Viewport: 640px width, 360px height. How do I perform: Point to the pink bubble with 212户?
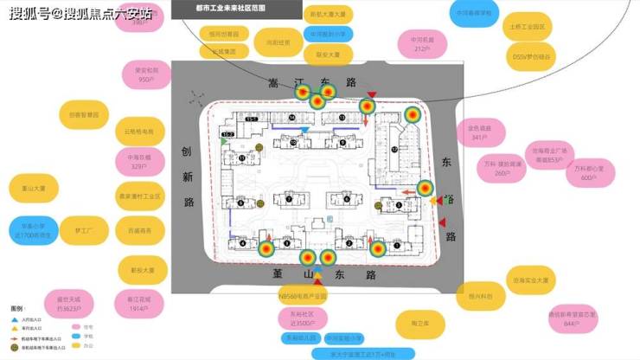[x=422, y=44]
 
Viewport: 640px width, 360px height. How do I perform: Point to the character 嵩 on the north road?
[x=251, y=80]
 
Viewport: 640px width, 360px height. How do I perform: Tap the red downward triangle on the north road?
[x=371, y=93]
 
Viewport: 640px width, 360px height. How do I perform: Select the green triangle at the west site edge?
[x=225, y=141]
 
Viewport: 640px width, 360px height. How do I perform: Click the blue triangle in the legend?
[x=15, y=320]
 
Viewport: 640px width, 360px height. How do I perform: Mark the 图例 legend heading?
[x=16, y=309]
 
